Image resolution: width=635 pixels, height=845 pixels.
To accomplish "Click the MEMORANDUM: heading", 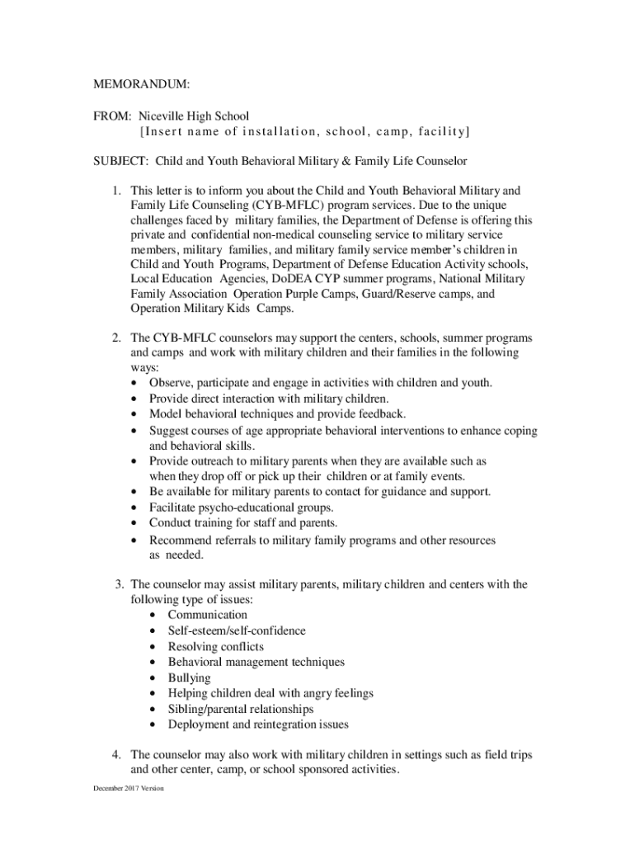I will (x=141, y=85).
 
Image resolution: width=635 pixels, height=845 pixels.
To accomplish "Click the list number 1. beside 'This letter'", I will (x=118, y=191).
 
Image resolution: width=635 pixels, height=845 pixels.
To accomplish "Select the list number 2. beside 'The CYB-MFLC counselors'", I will (x=118, y=338).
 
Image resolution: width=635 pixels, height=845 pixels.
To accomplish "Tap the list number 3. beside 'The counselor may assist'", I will (x=119, y=585).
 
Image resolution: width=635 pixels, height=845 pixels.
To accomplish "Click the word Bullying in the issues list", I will (x=189, y=678).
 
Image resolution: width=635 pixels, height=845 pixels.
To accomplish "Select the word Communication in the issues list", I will (x=207, y=616).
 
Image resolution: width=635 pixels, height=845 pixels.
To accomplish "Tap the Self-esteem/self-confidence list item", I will (x=237, y=631).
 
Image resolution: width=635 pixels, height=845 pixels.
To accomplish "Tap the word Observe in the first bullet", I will (x=170, y=384).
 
